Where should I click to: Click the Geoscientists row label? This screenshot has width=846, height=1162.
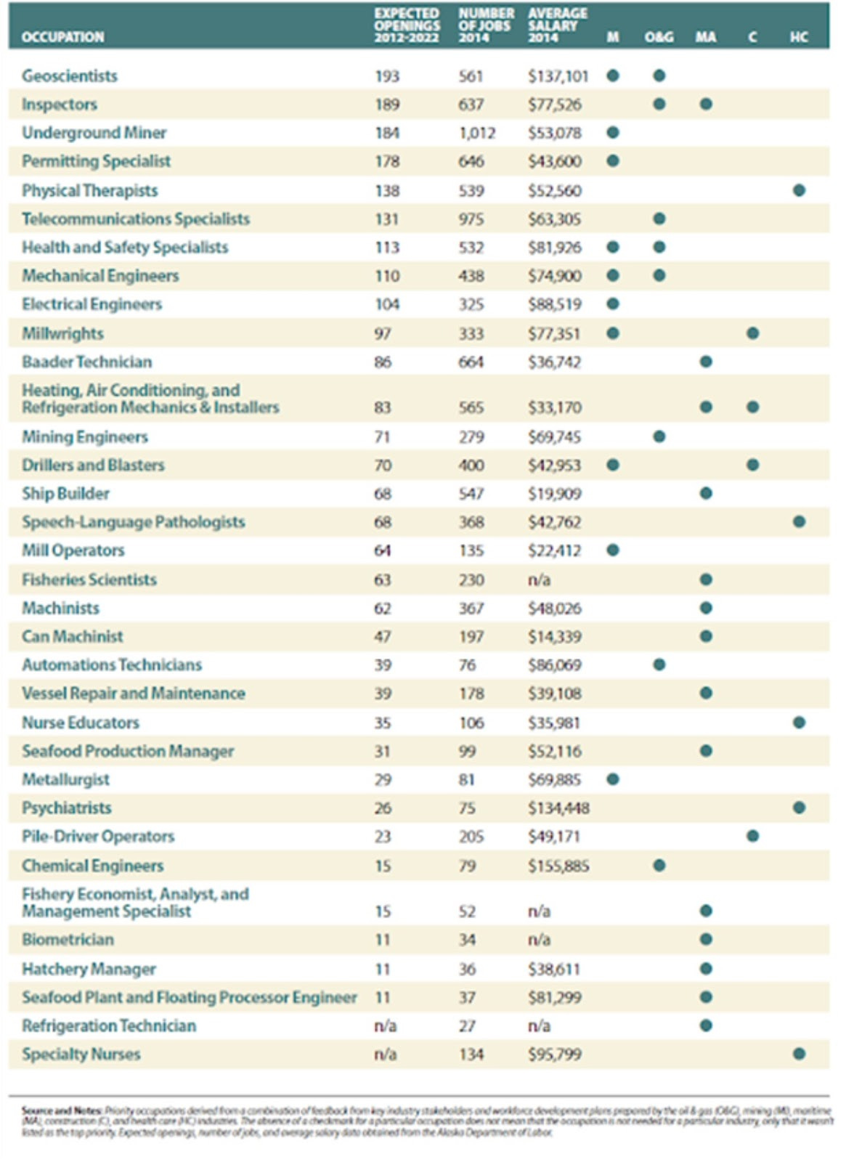click(70, 76)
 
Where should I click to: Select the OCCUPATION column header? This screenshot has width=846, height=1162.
click(62, 37)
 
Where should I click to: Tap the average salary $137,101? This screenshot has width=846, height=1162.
click(558, 76)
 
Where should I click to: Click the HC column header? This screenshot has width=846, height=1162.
click(799, 37)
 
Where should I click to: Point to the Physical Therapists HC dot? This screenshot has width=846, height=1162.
click(799, 190)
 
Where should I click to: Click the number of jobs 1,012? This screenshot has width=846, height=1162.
click(476, 133)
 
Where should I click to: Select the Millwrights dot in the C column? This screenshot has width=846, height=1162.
click(752, 333)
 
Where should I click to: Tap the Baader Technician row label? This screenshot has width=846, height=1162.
click(87, 362)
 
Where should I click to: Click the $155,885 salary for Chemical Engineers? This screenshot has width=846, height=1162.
click(558, 866)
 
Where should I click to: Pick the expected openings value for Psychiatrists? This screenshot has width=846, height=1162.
click(383, 808)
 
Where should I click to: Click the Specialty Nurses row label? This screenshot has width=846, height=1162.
click(81, 1054)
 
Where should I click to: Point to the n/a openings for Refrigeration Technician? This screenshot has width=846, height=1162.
click(385, 1025)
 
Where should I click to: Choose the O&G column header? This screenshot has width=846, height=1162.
click(659, 37)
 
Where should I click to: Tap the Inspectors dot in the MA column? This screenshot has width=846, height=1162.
click(706, 104)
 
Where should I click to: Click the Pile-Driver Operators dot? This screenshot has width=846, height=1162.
click(752, 836)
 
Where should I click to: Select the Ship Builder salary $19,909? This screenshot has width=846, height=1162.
click(555, 494)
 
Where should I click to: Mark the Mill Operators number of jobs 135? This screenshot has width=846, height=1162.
click(471, 550)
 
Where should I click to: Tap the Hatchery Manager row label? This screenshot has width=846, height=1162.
click(89, 969)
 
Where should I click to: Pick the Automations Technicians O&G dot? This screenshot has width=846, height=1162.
click(659, 665)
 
